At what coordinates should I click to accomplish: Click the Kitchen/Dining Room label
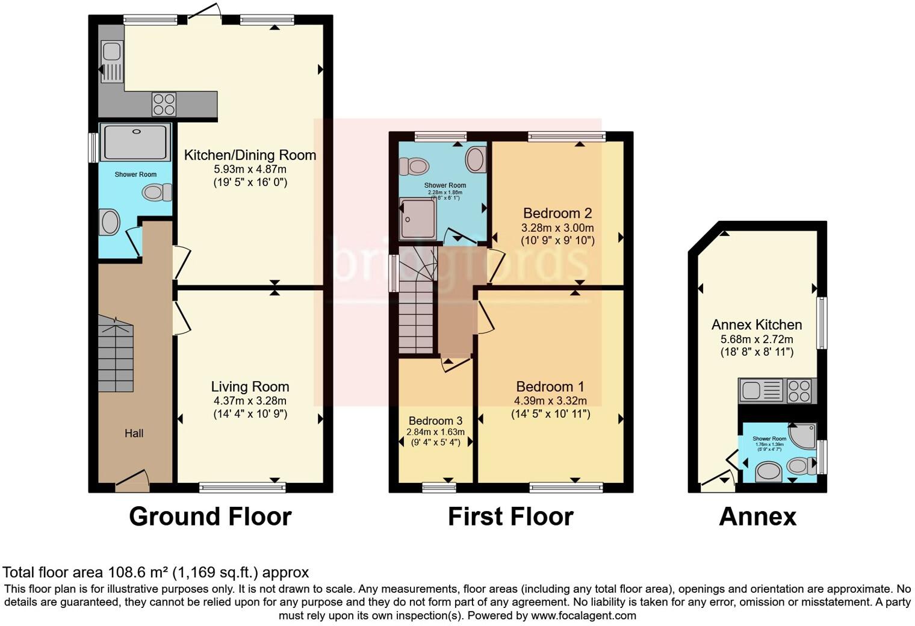(250, 155)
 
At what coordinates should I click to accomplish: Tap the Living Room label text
(250, 386)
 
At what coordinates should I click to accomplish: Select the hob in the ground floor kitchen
(164, 104)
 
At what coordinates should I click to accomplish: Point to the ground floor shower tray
(135, 142)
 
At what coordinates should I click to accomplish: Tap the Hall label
(134, 433)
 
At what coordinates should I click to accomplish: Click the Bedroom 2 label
(557, 213)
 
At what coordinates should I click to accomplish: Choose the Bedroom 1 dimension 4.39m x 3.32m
(550, 401)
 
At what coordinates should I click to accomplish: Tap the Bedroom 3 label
(435, 421)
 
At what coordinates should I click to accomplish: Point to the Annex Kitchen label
(757, 324)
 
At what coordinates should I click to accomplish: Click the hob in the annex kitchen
(799, 391)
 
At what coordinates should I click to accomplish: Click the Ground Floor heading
(210, 516)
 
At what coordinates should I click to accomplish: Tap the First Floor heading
(510, 516)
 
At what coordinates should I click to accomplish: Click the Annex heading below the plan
(757, 516)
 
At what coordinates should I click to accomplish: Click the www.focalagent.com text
(583, 616)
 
